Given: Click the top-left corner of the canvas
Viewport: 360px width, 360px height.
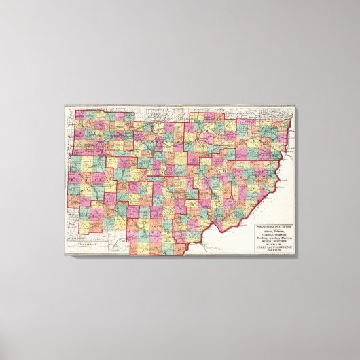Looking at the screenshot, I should point(65,103).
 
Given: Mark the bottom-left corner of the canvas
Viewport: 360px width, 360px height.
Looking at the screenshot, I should point(65,255).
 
